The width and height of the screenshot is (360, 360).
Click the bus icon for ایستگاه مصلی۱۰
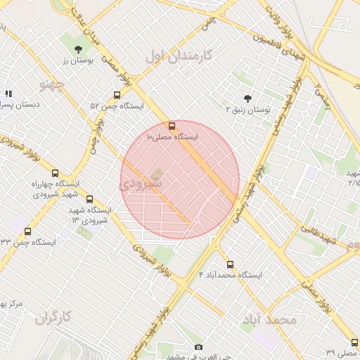173,125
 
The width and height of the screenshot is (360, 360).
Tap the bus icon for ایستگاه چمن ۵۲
117,95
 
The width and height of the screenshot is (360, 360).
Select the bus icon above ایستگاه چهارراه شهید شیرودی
56,173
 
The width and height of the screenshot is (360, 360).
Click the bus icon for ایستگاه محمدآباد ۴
230,264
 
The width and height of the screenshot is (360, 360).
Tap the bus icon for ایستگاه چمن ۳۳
28,231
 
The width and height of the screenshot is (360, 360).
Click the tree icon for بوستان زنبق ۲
247,99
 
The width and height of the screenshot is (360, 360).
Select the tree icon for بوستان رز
77,49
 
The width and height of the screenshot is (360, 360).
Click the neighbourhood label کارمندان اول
179,55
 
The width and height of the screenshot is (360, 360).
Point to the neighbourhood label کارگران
54,318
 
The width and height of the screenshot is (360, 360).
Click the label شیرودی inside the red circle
140,184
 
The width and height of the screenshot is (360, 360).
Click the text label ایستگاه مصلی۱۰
172,136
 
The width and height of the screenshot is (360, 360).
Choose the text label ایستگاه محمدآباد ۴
230,275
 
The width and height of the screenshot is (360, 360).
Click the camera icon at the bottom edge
198,347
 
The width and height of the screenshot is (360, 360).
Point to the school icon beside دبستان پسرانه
8,94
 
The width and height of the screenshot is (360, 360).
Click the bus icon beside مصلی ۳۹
354,343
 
